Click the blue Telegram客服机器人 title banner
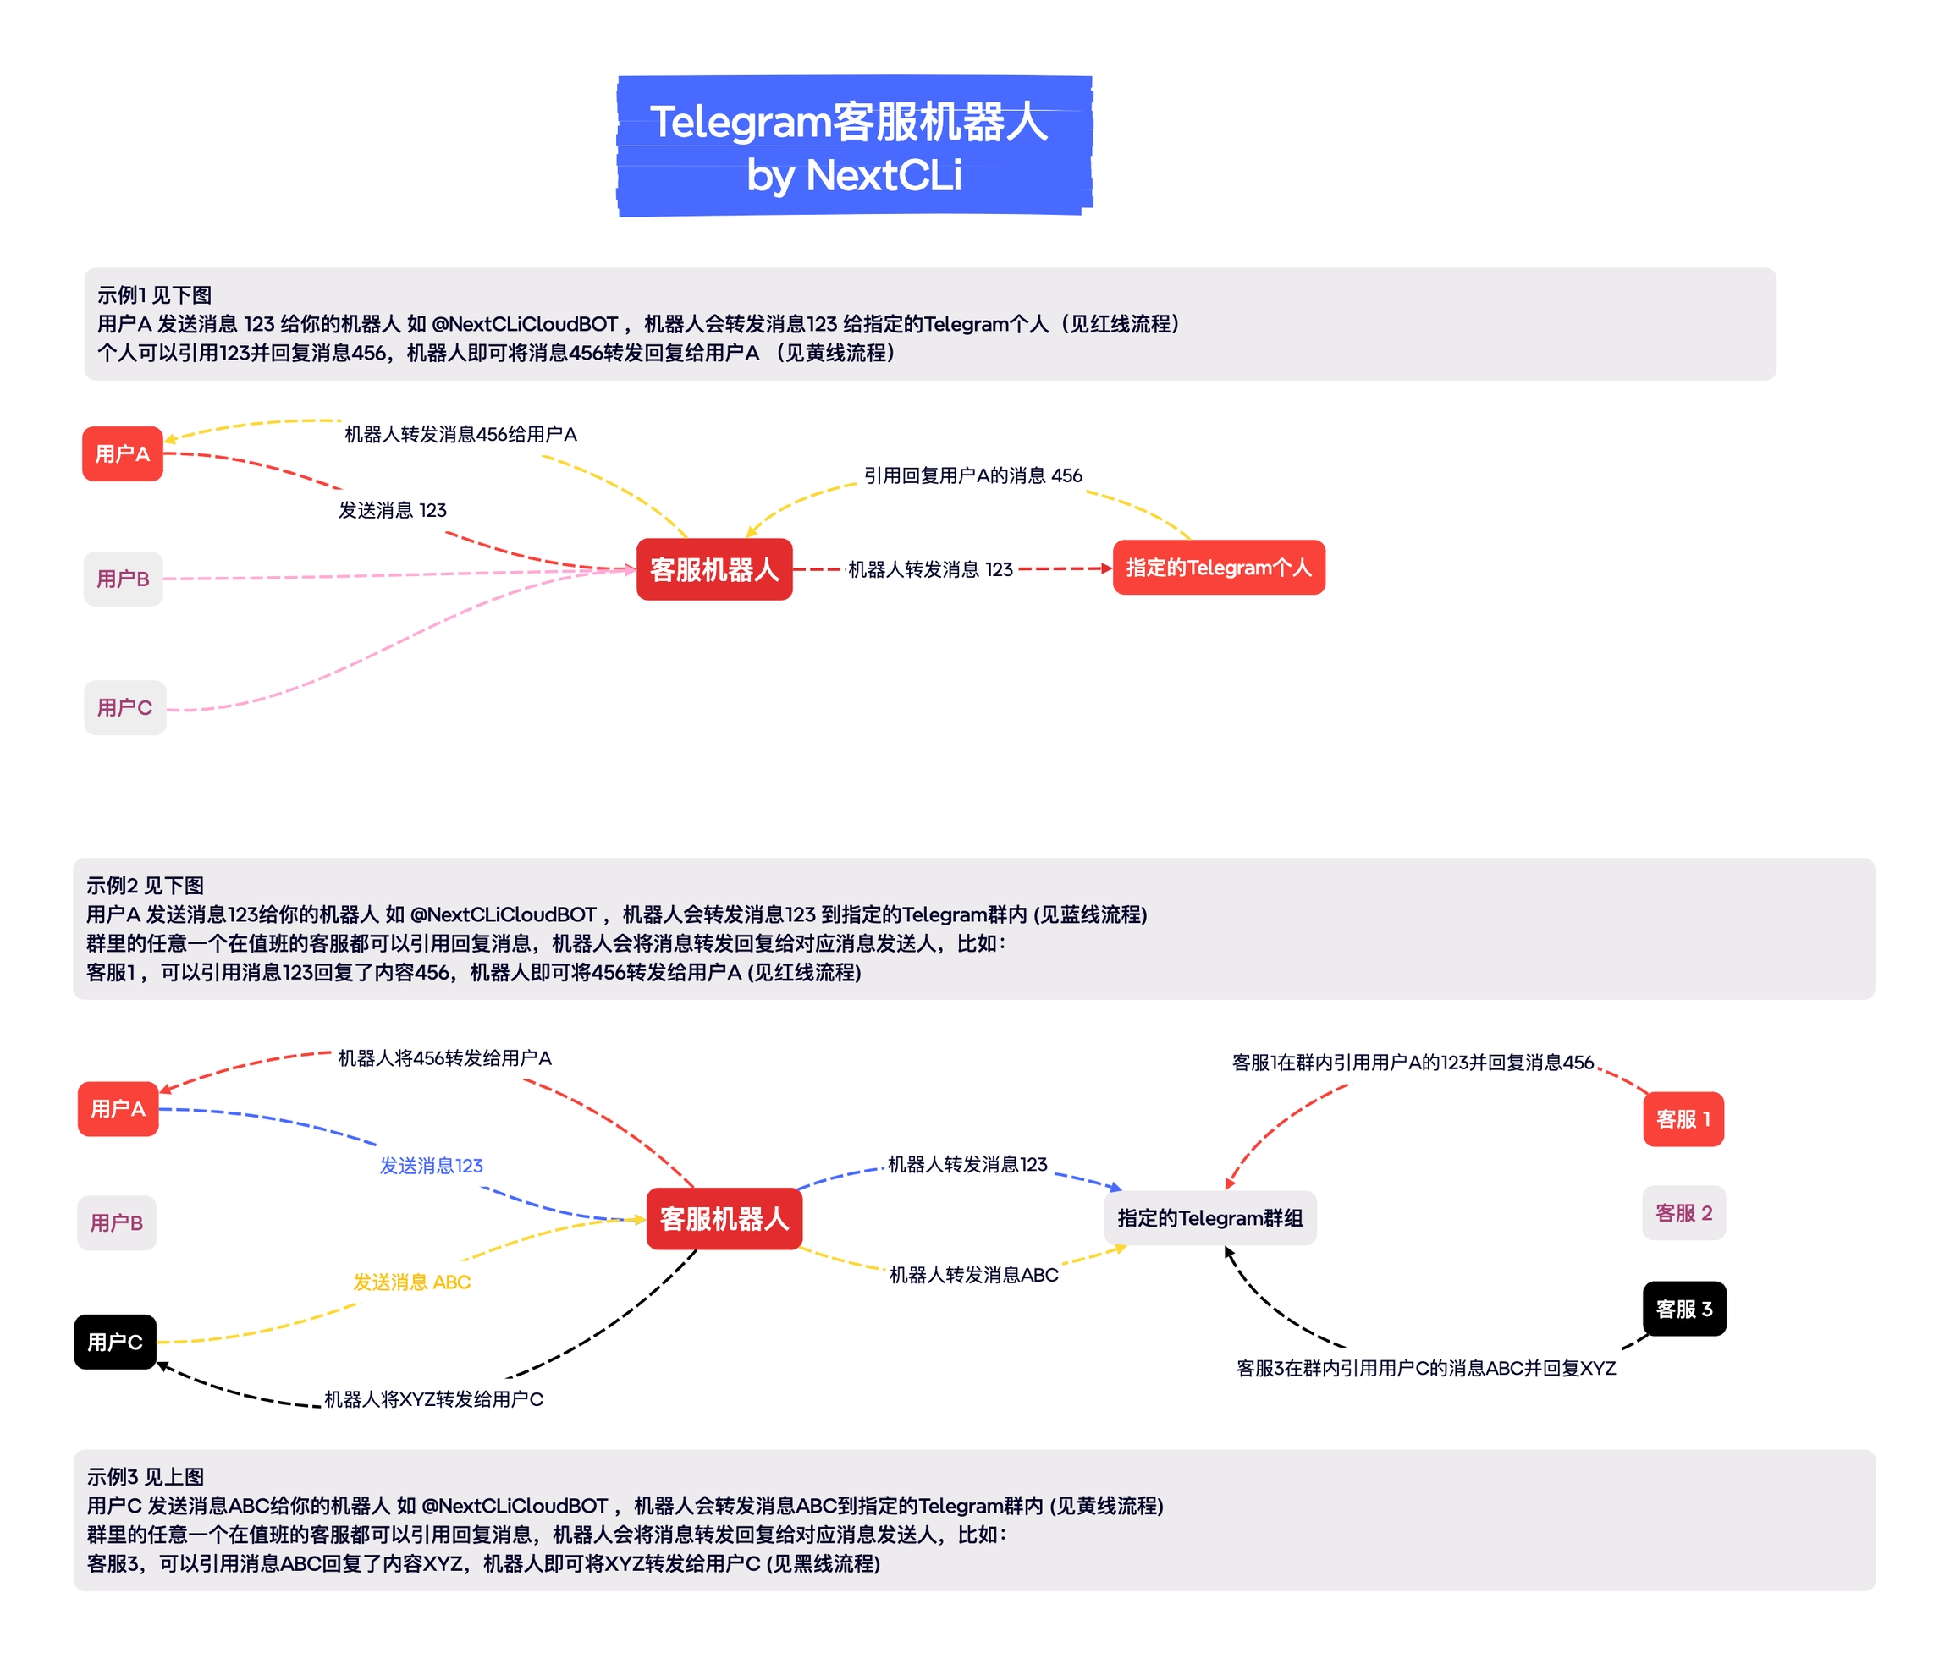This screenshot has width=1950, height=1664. point(854,146)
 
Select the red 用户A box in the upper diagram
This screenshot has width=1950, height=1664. point(123,453)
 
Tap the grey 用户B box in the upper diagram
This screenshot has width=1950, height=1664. point(124,579)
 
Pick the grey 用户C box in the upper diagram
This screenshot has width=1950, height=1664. point(124,707)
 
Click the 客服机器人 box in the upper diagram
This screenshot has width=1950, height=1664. point(714,569)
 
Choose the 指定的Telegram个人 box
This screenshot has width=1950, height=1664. point(1218,567)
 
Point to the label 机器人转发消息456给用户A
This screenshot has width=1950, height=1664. point(460,435)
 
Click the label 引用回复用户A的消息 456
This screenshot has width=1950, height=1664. point(972,476)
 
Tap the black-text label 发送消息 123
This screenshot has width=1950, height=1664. point(393,510)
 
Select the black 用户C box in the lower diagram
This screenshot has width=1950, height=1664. point(115,1342)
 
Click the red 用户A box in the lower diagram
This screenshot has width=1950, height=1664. point(118,1108)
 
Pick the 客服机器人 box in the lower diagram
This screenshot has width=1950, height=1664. point(724,1219)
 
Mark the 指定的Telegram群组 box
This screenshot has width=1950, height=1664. point(1209,1218)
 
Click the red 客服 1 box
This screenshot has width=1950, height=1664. point(1683,1118)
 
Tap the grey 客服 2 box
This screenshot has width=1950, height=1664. point(1683,1212)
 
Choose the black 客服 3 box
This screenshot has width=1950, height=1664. point(1683,1309)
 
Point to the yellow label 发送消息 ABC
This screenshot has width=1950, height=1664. point(411,1282)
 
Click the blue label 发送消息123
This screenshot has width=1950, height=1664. point(431,1166)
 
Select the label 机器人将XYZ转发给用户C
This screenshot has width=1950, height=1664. point(433,1398)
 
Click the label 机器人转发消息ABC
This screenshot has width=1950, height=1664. point(973,1275)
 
